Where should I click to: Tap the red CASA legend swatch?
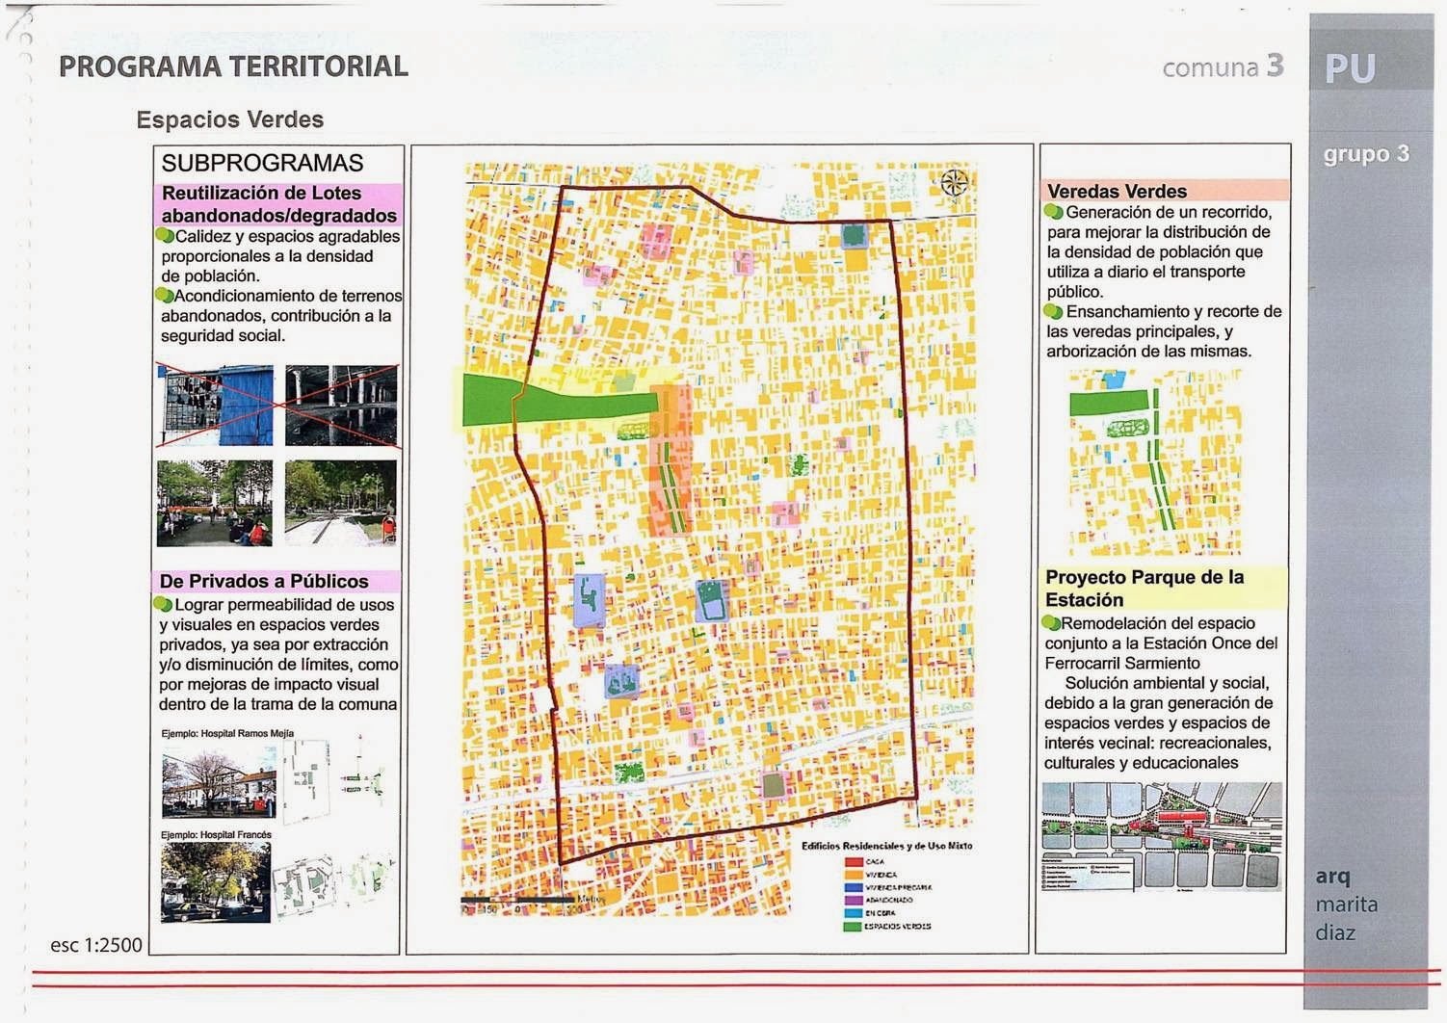(853, 862)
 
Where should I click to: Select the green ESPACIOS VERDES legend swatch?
(853, 927)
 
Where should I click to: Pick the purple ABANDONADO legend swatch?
(853, 901)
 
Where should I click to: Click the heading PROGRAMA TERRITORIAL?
(233, 66)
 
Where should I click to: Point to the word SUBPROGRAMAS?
(262, 163)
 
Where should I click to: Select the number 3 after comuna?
(1275, 66)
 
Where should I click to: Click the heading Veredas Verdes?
(1117, 191)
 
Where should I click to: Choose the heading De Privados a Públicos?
(264, 581)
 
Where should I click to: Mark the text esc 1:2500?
(96, 945)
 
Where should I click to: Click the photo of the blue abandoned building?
(215, 405)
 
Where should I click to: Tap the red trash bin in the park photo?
(389, 528)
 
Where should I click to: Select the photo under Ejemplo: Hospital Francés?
(215, 882)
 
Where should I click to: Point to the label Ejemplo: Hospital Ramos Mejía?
(227, 733)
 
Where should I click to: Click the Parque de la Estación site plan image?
(1162, 835)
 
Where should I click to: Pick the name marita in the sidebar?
(1346, 905)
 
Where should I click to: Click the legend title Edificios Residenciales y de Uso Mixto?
(886, 846)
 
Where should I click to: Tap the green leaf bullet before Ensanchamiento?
(1054, 312)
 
